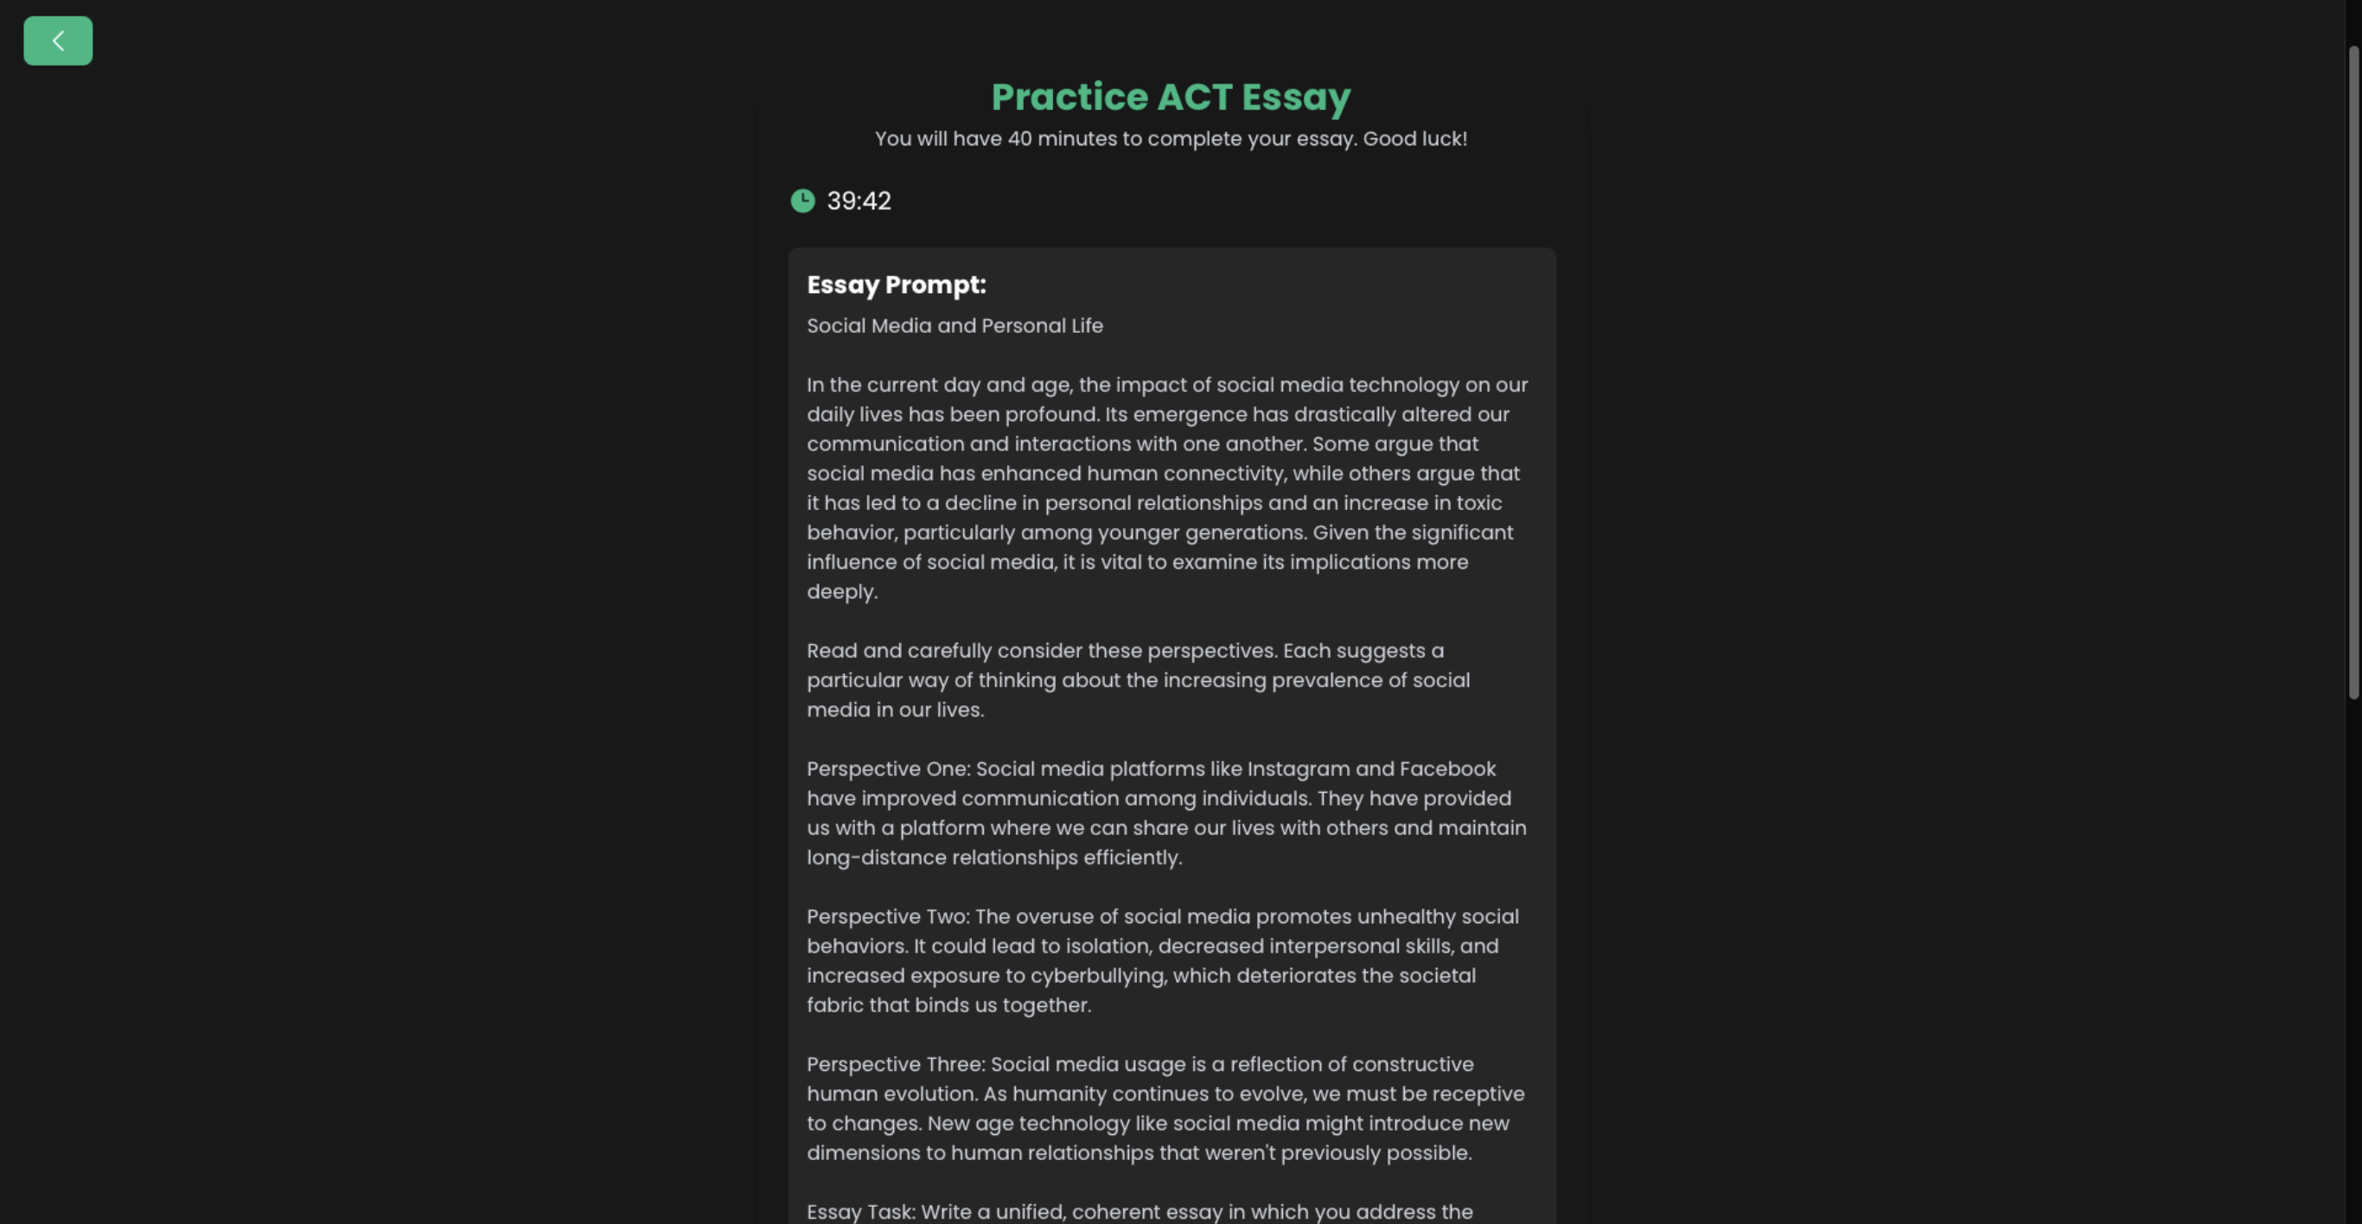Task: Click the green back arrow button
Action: [x=58, y=41]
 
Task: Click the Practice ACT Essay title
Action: [x=1170, y=97]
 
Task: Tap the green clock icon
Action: [x=802, y=201]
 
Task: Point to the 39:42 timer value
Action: [x=859, y=201]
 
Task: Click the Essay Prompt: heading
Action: [x=896, y=285]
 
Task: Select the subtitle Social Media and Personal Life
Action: [x=954, y=326]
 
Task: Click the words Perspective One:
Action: [x=888, y=768]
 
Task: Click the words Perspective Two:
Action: [x=888, y=916]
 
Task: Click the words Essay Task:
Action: [x=860, y=1211]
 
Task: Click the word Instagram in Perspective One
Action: [x=1298, y=768]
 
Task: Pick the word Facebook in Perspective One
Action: [x=1447, y=768]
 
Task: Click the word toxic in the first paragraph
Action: [x=1479, y=502]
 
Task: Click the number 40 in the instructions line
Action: [x=1019, y=138]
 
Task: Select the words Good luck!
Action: [x=1414, y=138]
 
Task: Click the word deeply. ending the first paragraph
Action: [x=842, y=591]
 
